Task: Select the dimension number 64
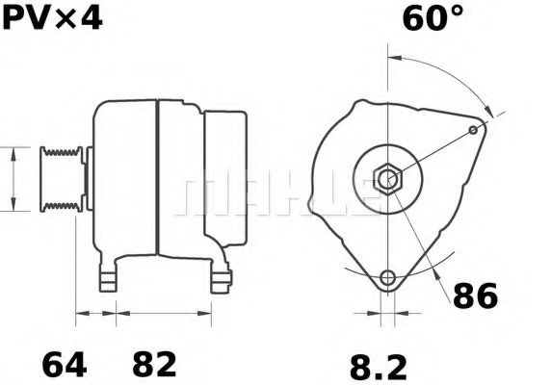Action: pyautogui.click(x=65, y=365)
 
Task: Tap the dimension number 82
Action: pyautogui.click(x=153, y=365)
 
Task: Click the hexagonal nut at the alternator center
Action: pyautogui.click(x=387, y=179)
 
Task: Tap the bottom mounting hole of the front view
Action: pyautogui.click(x=387, y=278)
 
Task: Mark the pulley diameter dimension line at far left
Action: pyautogui.click(x=13, y=179)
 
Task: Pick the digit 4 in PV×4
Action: pyautogui.click(x=89, y=18)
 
